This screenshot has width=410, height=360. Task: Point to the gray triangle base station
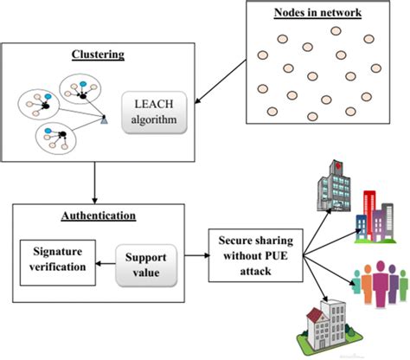coord(105,119)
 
